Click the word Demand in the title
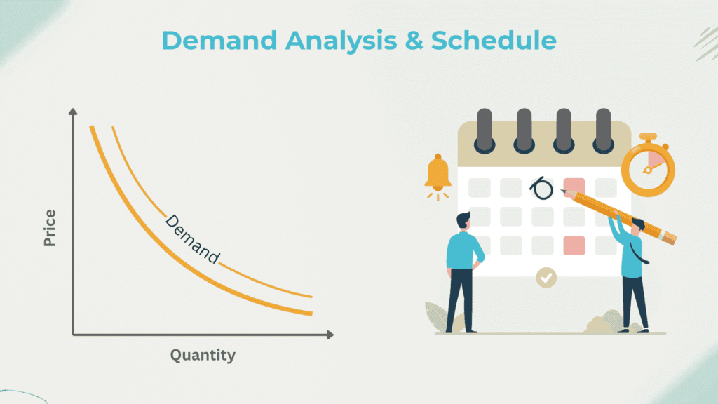(x=219, y=40)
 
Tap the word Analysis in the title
(x=341, y=41)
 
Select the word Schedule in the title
(x=494, y=40)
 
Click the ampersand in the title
(x=414, y=40)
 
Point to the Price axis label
(x=50, y=228)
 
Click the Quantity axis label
(x=203, y=356)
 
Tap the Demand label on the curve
(x=192, y=239)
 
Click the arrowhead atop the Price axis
(x=73, y=112)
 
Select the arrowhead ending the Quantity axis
(x=330, y=335)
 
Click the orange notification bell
(x=438, y=174)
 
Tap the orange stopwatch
(x=648, y=166)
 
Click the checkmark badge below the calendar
(x=546, y=278)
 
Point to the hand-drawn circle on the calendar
(x=542, y=188)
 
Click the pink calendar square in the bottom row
(x=574, y=245)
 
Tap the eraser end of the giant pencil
(x=670, y=238)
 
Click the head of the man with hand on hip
(x=463, y=221)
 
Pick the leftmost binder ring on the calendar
(x=485, y=130)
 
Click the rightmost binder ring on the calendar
(x=604, y=130)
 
